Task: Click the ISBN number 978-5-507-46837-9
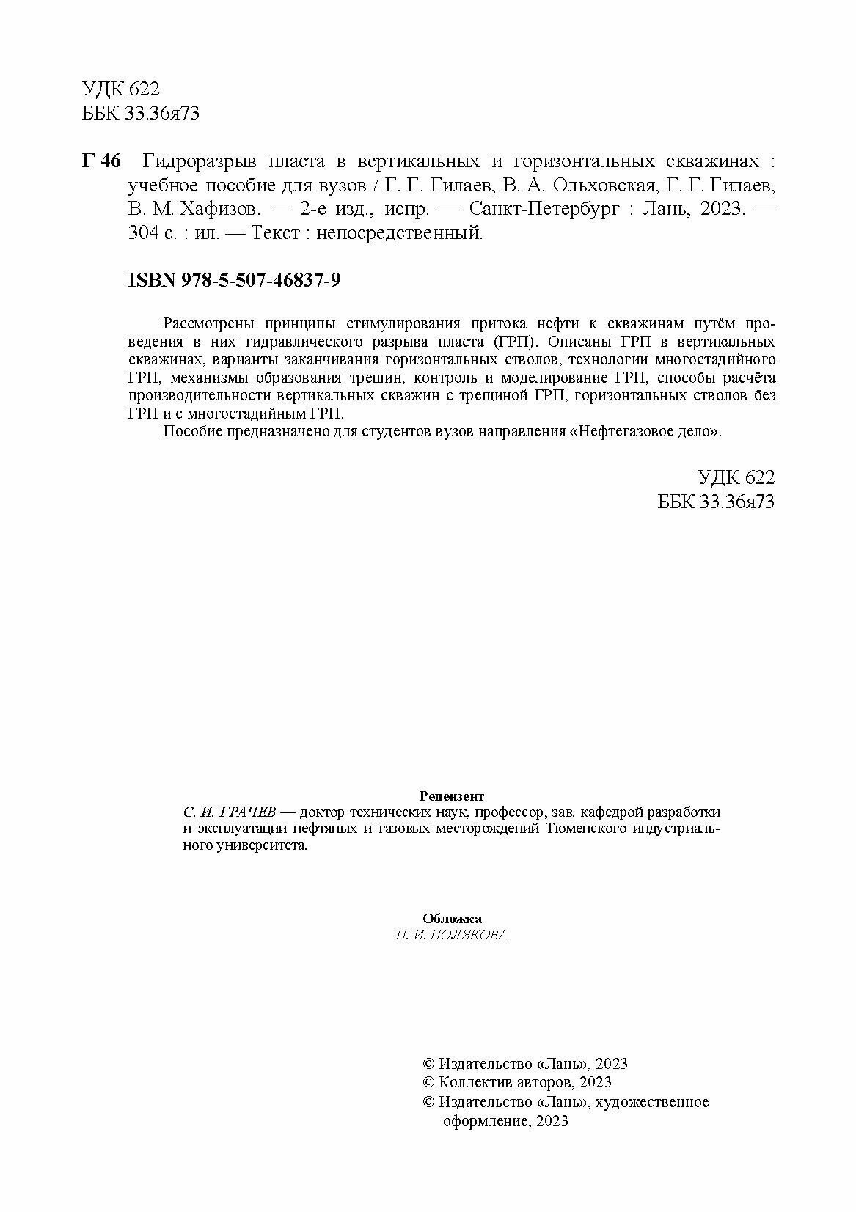[259, 280]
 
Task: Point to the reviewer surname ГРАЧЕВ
[240, 812]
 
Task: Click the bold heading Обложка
[452, 918]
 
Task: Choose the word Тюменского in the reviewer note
[581, 829]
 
